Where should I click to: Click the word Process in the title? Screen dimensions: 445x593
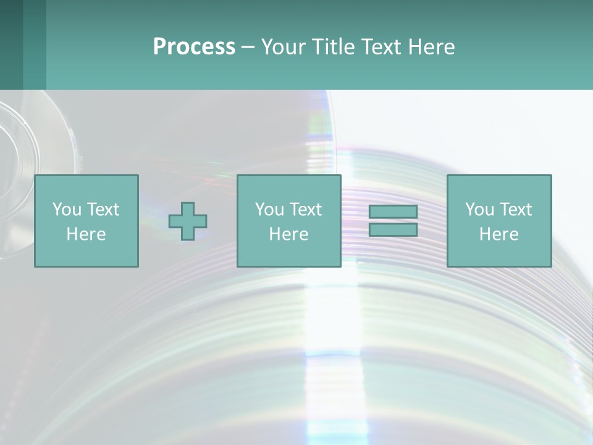194,47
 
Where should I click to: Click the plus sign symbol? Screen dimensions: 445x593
188,221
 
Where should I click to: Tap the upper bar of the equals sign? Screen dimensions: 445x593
393,212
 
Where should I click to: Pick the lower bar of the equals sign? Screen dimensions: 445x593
393,229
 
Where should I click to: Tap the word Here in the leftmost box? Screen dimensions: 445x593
86,234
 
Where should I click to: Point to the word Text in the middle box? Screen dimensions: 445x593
305,210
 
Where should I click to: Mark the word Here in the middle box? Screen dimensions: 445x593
288,234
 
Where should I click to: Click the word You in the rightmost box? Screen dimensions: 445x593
479,210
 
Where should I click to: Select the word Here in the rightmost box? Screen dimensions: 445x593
498,234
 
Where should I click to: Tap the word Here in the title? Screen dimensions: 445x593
431,47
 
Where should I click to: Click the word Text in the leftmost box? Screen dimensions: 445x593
102,210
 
